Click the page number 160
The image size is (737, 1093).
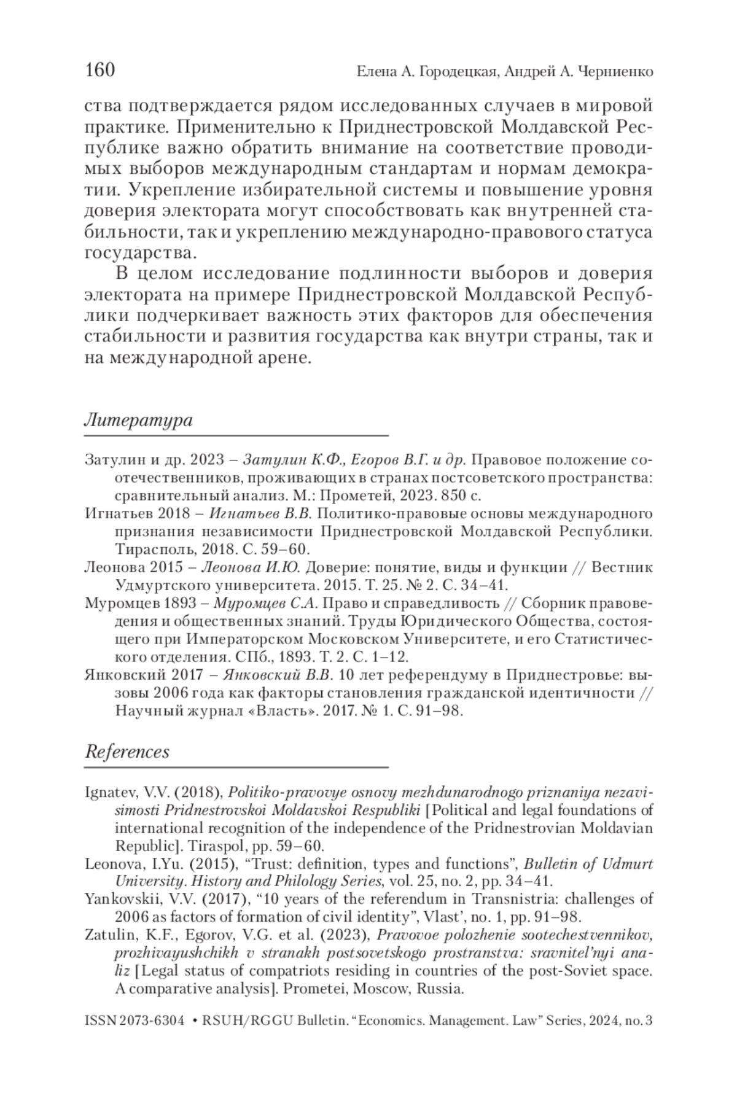click(x=100, y=70)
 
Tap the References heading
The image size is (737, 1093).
click(x=127, y=752)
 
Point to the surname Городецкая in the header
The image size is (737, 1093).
click(x=454, y=72)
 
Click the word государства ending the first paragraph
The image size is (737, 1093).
click(x=141, y=252)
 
